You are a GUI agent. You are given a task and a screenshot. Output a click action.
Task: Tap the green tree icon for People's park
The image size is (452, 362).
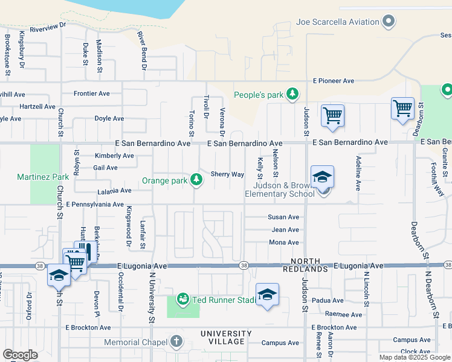click(x=292, y=94)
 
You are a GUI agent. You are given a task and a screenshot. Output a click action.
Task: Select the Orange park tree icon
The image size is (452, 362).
click(x=196, y=179)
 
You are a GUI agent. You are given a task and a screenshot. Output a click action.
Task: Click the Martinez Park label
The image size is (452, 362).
click(x=43, y=177)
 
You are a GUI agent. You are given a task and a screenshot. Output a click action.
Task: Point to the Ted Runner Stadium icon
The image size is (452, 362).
click(x=182, y=299)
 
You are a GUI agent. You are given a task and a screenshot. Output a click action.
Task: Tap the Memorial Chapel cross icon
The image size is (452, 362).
click(x=176, y=341)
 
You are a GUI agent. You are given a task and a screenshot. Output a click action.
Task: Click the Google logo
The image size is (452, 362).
click(x=20, y=355)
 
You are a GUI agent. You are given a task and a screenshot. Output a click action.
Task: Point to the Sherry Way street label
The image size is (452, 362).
click(x=227, y=174)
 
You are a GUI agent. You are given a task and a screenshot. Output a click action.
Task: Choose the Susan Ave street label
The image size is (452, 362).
click(x=284, y=217)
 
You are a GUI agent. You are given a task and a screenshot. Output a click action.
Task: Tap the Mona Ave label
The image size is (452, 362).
click(x=284, y=243)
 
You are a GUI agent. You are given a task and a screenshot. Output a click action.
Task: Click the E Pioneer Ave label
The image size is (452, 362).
click(x=333, y=81)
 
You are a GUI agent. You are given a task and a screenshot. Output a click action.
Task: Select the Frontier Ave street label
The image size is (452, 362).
click(x=92, y=94)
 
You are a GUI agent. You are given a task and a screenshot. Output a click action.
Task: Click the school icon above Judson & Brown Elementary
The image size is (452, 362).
click(x=323, y=177)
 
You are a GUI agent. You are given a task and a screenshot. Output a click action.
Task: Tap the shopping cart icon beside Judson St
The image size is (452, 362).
click(x=333, y=115)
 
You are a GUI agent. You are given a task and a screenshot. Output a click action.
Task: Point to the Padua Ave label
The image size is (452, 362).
click(x=328, y=300)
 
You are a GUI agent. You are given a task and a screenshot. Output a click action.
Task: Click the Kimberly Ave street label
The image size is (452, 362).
click(x=114, y=156)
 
